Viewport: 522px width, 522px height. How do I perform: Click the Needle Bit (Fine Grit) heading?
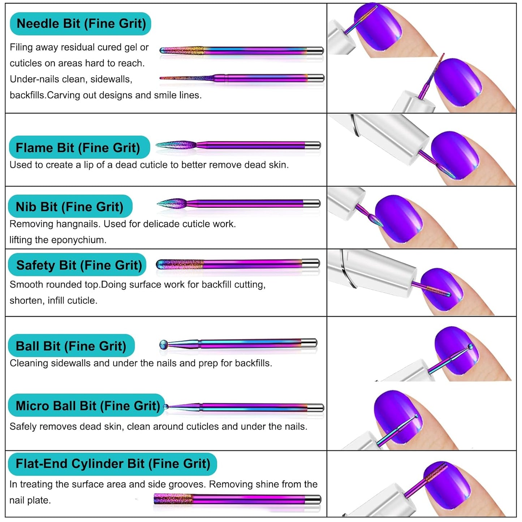point(81,24)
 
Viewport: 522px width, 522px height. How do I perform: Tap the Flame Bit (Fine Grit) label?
point(78,148)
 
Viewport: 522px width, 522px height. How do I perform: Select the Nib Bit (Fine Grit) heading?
point(70,207)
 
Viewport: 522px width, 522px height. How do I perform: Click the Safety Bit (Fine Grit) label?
point(79,266)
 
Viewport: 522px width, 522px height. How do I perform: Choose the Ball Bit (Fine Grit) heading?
point(71,346)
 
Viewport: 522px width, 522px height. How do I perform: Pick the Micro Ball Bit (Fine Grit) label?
point(87,406)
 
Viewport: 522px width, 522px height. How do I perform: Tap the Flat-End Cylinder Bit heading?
point(112,464)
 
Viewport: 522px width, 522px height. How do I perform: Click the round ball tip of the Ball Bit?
point(164,345)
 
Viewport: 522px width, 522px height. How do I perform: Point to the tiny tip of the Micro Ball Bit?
point(166,407)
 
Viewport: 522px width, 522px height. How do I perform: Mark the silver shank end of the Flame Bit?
point(313,146)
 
